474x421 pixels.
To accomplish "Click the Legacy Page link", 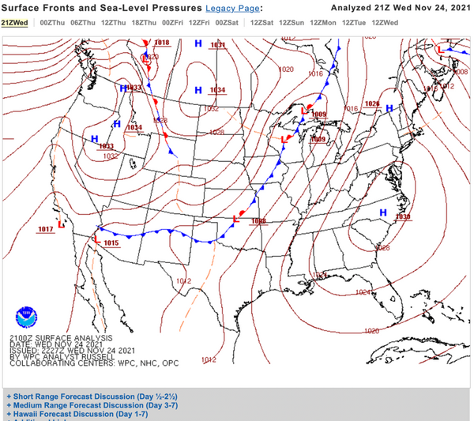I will (233, 8).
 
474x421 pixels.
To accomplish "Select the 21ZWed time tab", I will (13, 23).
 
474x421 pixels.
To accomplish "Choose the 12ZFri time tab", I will (199, 23).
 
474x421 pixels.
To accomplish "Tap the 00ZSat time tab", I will (227, 23).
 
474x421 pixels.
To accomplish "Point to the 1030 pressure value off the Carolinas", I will (403, 216).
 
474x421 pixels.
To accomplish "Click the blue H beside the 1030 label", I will (383, 212).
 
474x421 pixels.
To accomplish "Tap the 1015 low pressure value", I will (111, 243).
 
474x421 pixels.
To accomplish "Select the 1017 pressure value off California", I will (45, 229).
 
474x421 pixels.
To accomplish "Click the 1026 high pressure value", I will (372, 103).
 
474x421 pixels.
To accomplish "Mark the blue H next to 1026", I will (389, 108).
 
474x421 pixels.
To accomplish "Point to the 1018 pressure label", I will (162, 43).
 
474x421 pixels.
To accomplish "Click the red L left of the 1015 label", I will (97, 239).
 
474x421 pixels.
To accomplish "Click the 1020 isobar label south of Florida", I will (371, 331).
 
